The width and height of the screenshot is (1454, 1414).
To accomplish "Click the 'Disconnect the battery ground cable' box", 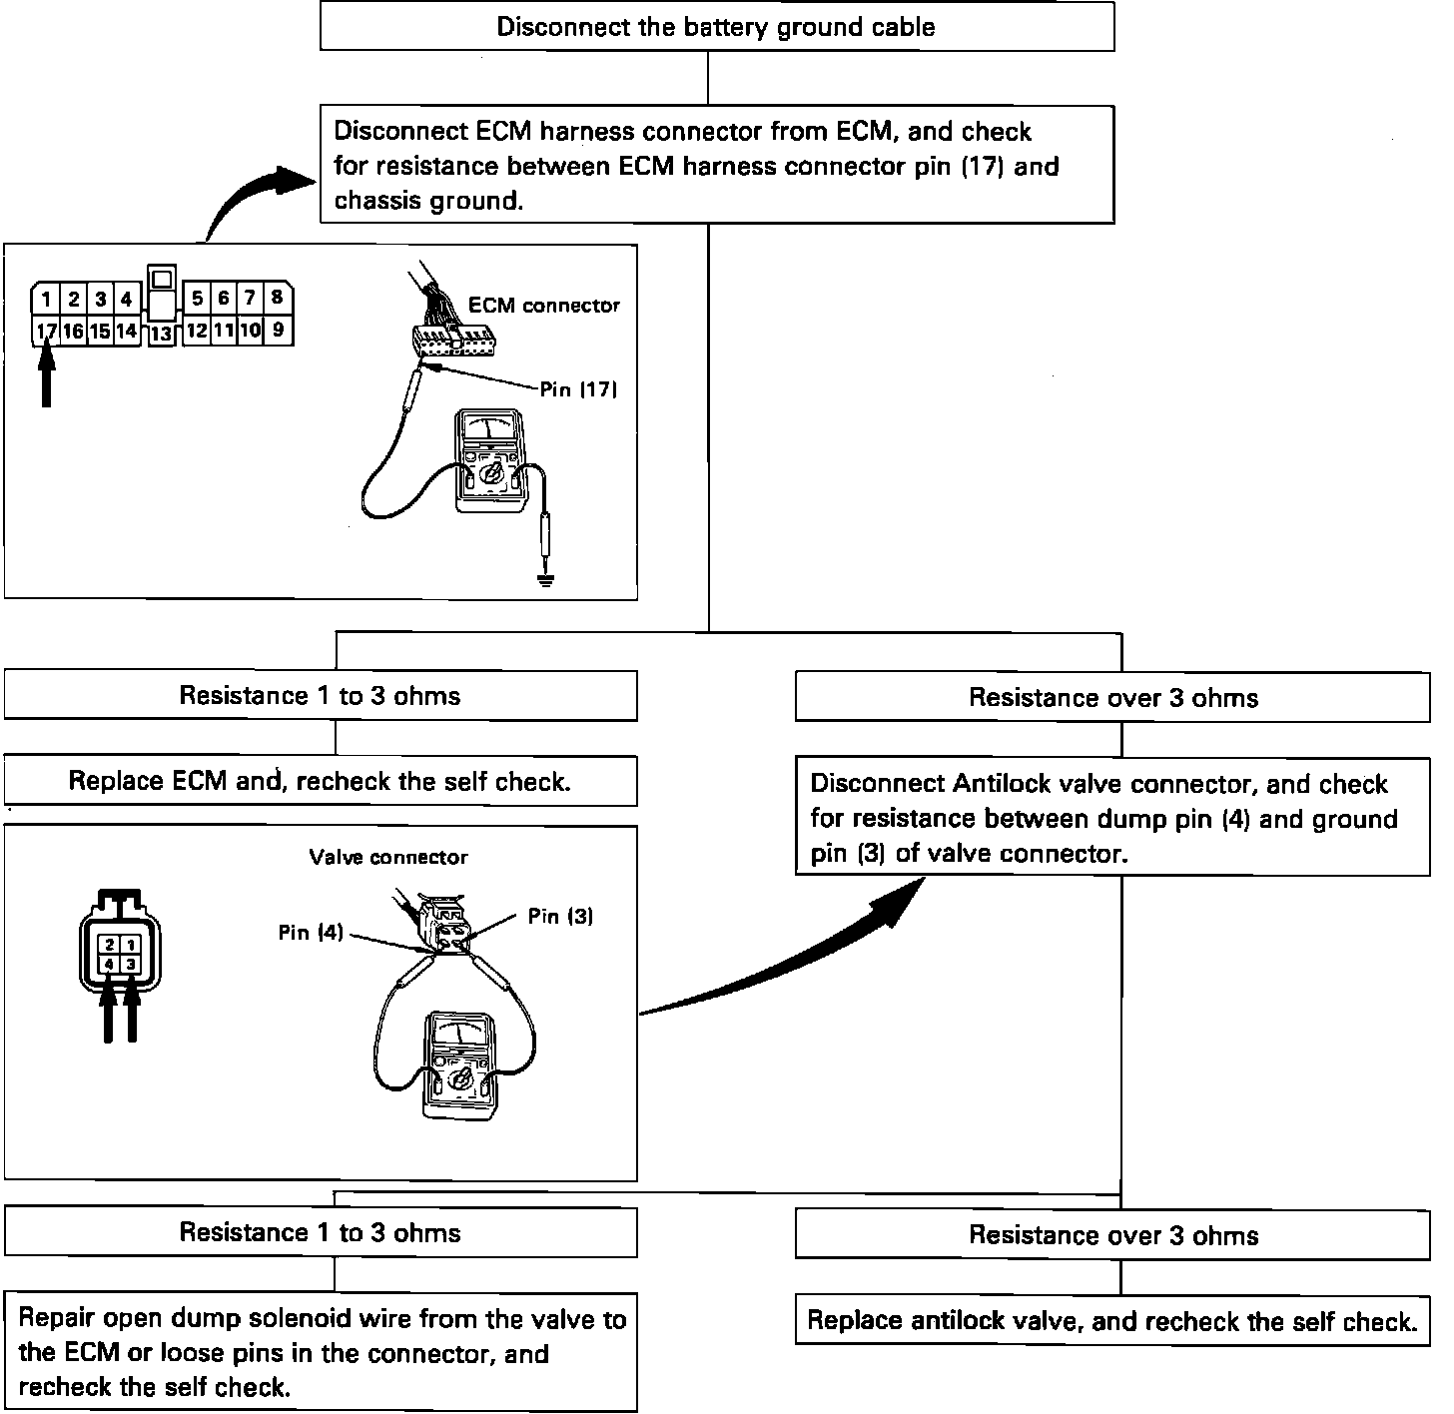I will pyautogui.click(x=716, y=27).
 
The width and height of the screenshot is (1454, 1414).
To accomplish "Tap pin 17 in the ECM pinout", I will pyautogui.click(x=45, y=331).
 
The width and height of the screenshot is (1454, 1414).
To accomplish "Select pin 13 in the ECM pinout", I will pyautogui.click(x=161, y=334).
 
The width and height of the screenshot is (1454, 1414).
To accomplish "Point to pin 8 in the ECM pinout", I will pyautogui.click(x=277, y=297).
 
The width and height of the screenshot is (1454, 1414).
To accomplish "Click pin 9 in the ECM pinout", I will pyautogui.click(x=277, y=329).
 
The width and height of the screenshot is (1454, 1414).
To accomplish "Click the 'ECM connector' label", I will pyautogui.click(x=544, y=306).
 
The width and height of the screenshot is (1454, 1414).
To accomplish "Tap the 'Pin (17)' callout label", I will pyautogui.click(x=578, y=389).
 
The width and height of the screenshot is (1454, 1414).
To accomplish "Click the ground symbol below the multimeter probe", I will pyautogui.click(x=544, y=579).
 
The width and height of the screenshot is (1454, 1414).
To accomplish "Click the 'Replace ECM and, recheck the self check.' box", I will pyautogui.click(x=321, y=781).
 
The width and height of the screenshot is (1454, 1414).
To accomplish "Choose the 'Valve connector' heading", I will pyautogui.click(x=388, y=857).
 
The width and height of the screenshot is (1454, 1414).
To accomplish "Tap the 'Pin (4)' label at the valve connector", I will pyautogui.click(x=311, y=933).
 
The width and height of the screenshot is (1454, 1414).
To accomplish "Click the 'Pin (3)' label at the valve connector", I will pyautogui.click(x=560, y=916).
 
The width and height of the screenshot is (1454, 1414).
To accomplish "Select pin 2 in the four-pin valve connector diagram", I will pyautogui.click(x=110, y=944).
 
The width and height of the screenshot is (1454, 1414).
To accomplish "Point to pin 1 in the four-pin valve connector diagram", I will pyautogui.click(x=131, y=944).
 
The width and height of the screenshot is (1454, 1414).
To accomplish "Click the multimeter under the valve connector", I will pyautogui.click(x=459, y=1066).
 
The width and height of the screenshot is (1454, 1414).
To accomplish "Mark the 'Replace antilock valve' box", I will pyautogui.click(x=1112, y=1321).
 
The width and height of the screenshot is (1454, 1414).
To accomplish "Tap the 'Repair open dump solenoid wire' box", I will pyautogui.click(x=321, y=1353).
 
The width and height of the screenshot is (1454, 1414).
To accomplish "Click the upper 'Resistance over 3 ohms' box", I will pyautogui.click(x=1112, y=697).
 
